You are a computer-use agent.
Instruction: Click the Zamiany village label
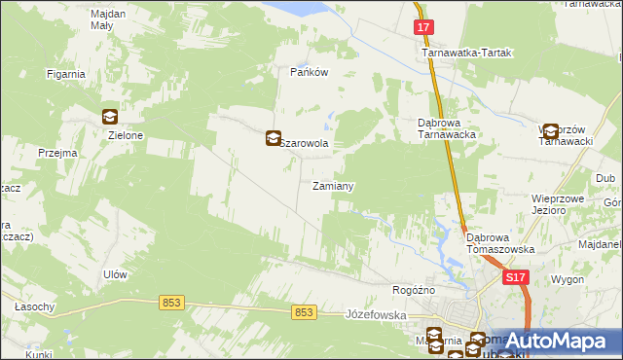pos(332,186)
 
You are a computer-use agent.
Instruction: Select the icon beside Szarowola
pos(274,140)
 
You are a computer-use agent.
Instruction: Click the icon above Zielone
pos(109,118)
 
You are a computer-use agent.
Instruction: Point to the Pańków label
pos(307,73)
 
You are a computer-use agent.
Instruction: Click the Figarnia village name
pos(67,74)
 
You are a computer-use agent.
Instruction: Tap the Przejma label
pos(57,153)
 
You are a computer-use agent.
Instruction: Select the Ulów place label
pos(115,274)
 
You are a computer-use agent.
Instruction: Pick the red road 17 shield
pos(423,28)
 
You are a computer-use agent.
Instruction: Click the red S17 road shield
pos(516,278)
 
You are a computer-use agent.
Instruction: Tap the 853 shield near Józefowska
pos(304,312)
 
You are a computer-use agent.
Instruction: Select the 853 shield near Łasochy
pos(171,304)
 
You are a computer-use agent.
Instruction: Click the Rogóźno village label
pos(414,290)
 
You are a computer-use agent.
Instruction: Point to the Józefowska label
pos(375,315)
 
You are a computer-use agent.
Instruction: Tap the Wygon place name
pos(568,279)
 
